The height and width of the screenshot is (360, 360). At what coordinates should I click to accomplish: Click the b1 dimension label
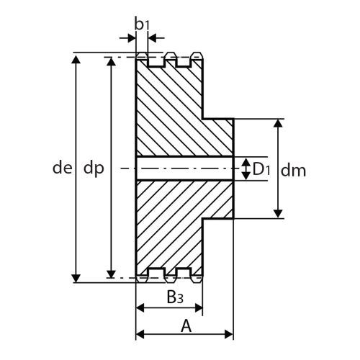[x=142, y=24]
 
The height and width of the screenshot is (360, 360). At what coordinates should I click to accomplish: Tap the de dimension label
[x=62, y=168]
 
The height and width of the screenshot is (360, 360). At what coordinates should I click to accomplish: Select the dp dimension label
[x=94, y=169]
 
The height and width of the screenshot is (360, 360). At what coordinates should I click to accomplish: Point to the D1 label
[x=261, y=169]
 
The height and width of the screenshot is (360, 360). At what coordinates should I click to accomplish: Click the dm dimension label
[x=293, y=171]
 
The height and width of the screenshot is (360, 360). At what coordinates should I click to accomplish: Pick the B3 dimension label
[x=175, y=297]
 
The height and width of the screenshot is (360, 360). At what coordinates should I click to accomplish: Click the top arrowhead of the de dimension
[x=76, y=59]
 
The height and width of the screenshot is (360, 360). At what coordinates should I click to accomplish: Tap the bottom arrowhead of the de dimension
[x=76, y=278]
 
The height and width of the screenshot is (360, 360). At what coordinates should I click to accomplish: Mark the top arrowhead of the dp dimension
[x=111, y=62]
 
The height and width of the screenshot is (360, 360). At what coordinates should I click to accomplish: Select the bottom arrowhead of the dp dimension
[x=111, y=274]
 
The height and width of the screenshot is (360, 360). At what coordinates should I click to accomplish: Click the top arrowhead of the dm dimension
[x=278, y=123]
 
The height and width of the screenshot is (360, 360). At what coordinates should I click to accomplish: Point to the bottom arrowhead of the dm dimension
[x=278, y=213]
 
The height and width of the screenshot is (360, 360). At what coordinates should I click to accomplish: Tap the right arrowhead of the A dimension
[x=228, y=334]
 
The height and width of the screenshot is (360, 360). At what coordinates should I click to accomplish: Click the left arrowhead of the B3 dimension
[x=140, y=307]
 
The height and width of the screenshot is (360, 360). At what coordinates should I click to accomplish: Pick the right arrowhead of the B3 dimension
[x=199, y=307]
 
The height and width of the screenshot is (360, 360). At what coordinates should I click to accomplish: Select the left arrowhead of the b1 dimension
[x=132, y=38]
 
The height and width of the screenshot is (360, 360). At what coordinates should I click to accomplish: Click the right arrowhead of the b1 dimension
[x=153, y=38]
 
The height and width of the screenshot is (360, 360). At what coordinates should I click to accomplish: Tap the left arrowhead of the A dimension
[x=140, y=334]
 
